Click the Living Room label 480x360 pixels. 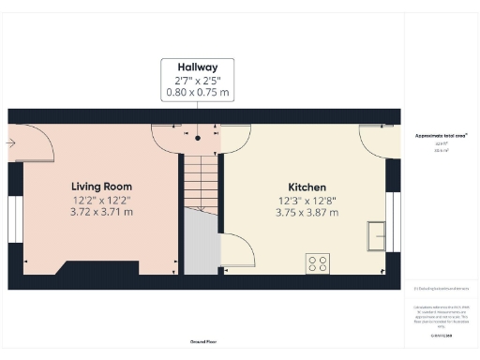(102, 187)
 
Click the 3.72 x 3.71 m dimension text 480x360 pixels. (102, 212)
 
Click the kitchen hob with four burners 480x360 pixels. (317, 263)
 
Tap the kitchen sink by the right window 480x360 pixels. (377, 234)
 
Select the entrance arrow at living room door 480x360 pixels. (10, 142)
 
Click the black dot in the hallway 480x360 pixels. (198, 138)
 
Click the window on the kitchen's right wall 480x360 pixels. (393, 221)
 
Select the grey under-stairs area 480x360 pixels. (200, 244)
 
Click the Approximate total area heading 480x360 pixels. (441, 135)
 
